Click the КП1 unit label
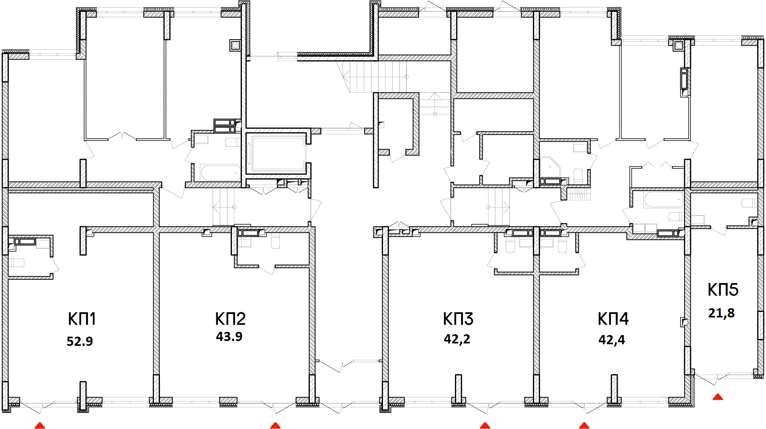[82, 319]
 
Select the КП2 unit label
[230, 319]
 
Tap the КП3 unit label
[458, 319]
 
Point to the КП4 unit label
[613, 319]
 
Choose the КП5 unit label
[723, 290]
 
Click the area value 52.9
[80, 341]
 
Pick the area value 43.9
[229, 337]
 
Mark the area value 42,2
[457, 339]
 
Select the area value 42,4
[612, 340]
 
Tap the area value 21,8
[722, 313]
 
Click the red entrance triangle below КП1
[40, 425]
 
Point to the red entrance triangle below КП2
[275, 425]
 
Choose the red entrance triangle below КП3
[485, 425]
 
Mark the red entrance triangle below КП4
[584, 425]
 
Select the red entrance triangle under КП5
[718, 397]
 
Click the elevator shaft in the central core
[276, 153]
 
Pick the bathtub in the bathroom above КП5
[663, 200]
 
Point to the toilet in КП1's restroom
[17, 263]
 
